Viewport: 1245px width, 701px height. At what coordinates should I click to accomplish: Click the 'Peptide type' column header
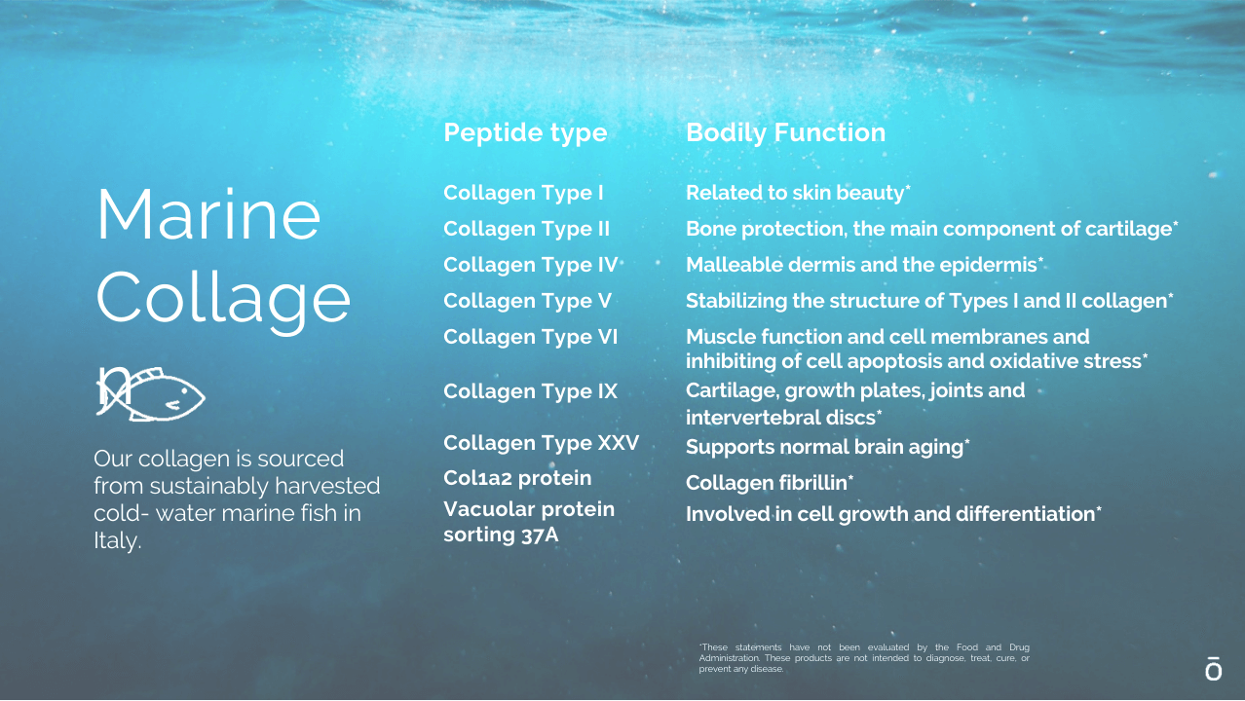(x=525, y=133)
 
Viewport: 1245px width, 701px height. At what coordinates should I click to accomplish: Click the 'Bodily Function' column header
(x=785, y=133)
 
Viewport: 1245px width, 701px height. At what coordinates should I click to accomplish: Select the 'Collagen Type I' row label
(x=523, y=194)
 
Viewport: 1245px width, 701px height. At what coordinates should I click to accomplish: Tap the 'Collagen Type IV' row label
(x=530, y=265)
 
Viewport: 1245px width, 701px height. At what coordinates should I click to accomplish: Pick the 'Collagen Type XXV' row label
(x=542, y=443)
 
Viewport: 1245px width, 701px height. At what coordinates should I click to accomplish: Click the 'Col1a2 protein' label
(x=517, y=478)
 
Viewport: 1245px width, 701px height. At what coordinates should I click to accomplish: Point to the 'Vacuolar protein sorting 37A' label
(x=529, y=522)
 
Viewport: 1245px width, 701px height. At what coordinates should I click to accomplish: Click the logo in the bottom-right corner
(x=1213, y=669)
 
